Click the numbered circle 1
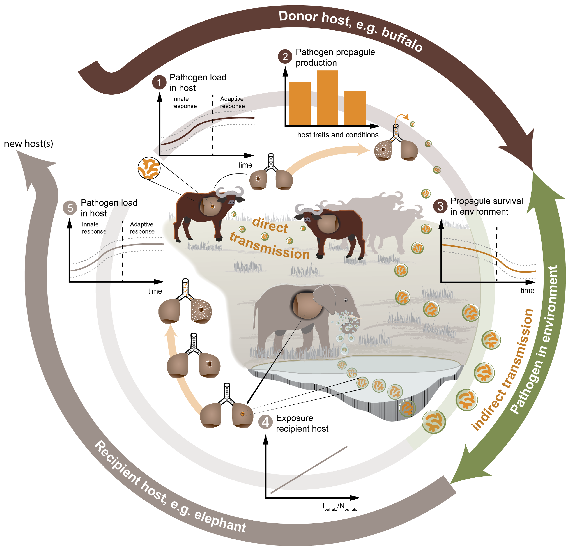click(159, 83)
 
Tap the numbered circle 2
click(285, 57)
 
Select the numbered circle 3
click(440, 206)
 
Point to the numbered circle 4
click(265, 422)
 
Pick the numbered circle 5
click(70, 208)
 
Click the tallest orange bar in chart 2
click(328, 98)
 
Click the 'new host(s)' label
click(28, 143)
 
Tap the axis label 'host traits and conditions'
click(338, 135)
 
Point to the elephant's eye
click(346, 300)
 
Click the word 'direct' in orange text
click(270, 225)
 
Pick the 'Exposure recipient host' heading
click(302, 423)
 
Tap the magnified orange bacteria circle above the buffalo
click(149, 168)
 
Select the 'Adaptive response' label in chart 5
click(142, 228)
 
